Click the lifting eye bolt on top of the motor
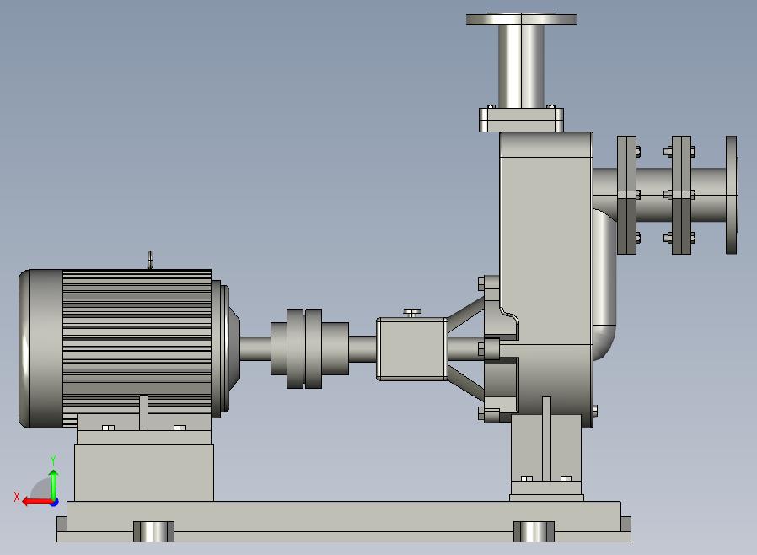coord(150,260)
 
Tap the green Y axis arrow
coord(53,486)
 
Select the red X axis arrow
coord(39,501)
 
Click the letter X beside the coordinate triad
coord(17,497)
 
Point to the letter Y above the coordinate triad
coord(53,460)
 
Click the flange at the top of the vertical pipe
coord(522,19)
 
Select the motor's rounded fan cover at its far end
coord(41,348)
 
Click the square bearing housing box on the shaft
coord(412,348)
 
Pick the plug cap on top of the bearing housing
coord(412,313)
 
